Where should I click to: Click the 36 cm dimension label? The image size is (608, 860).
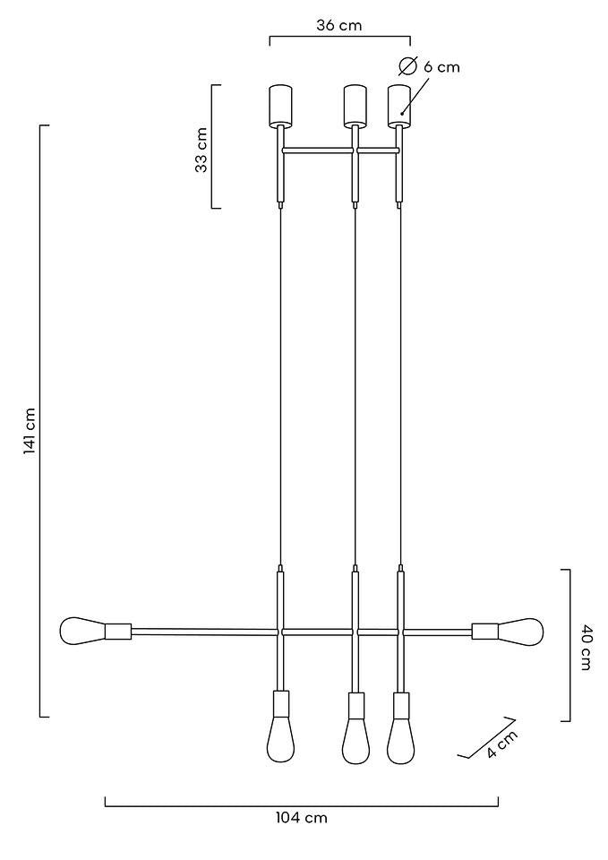point(338,25)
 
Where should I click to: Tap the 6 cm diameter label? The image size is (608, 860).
point(441,67)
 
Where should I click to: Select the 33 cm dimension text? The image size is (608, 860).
point(201,149)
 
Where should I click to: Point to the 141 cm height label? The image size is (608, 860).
point(30,432)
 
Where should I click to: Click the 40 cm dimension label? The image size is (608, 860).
point(587,647)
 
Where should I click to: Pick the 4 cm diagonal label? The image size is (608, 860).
point(502,745)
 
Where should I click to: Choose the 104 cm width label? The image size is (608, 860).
point(301,818)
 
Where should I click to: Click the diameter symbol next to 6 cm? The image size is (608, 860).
point(408,66)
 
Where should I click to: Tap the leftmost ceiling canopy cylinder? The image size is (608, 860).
point(281,105)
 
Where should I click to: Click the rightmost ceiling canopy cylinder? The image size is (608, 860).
point(398,105)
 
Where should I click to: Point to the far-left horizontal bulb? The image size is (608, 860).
point(81,631)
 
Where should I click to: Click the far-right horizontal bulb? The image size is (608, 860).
point(521,631)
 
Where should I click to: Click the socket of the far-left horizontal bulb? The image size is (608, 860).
point(118,632)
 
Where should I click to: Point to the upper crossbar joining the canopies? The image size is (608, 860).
point(340,150)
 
